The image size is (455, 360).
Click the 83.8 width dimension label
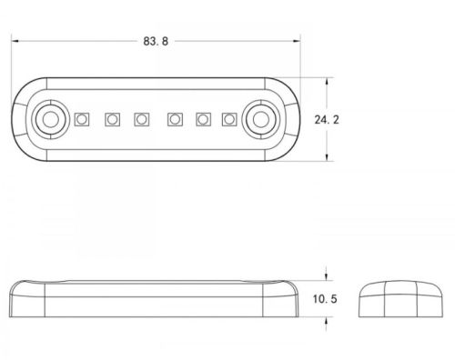point(156,41)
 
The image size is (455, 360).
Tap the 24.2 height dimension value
point(327,120)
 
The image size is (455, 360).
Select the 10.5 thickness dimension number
point(325,299)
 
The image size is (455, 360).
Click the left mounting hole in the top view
point(51,119)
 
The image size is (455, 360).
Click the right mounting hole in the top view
point(261,119)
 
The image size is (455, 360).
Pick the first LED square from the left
point(82,119)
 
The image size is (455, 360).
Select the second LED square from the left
point(112,119)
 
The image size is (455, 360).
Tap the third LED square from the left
point(142,119)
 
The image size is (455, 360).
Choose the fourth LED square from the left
point(175,119)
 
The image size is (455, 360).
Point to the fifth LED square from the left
point(203,119)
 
